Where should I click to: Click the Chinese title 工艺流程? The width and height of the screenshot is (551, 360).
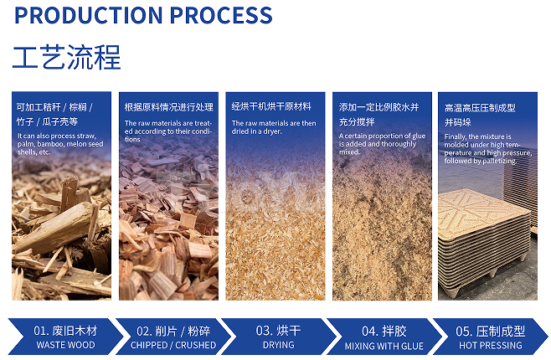[67, 56]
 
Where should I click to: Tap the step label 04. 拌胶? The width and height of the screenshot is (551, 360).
[384, 331]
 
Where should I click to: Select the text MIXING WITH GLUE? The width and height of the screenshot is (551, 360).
[384, 345]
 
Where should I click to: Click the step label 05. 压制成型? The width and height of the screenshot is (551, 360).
[490, 331]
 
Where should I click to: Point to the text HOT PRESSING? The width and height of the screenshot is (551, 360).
[490, 345]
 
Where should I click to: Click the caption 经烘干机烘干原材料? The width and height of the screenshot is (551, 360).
[271, 107]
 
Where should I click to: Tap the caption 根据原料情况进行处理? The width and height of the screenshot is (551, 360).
[169, 107]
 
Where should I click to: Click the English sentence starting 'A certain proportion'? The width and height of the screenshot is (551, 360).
[382, 143]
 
